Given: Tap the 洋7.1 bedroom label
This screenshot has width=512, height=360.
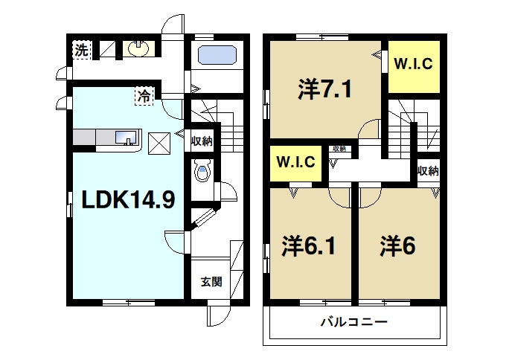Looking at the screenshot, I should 324,91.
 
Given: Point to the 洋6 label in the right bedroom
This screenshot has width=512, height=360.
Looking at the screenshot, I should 397,246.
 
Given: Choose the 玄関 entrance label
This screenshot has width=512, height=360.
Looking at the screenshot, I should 211,281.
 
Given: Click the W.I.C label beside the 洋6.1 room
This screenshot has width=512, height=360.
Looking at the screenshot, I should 295,161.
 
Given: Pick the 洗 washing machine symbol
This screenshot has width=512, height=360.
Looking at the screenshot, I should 80,50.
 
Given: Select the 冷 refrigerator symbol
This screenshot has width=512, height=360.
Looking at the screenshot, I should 142,96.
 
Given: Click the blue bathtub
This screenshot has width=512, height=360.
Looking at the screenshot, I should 217,56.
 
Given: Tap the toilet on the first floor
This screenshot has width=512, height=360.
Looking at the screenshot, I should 201,173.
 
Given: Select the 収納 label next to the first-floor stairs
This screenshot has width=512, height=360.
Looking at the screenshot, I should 202,140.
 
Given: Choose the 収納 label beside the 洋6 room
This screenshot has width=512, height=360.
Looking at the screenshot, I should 428,171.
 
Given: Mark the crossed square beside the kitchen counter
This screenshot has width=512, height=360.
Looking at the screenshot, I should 159,142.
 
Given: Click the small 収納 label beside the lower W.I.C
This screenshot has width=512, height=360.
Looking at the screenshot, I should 339,149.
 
